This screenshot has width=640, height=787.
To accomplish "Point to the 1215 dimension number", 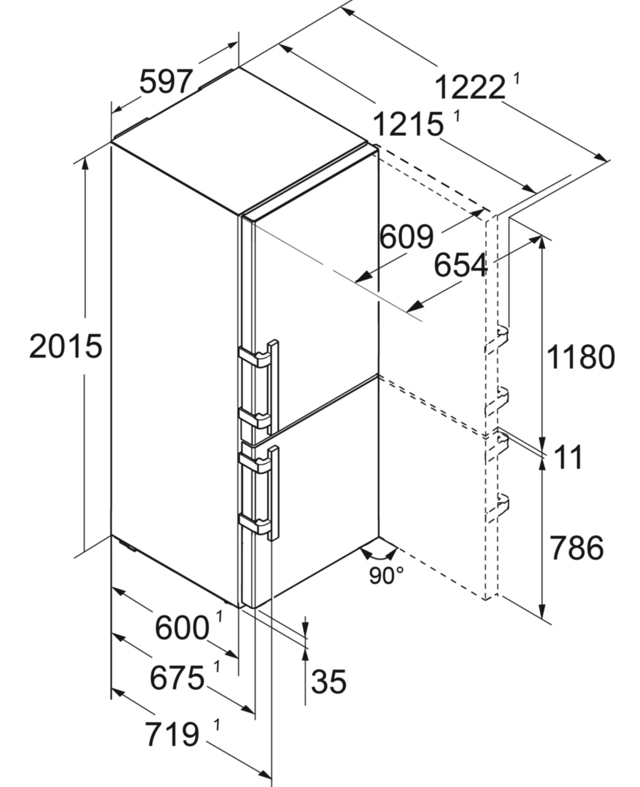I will pyautogui.click(x=408, y=124).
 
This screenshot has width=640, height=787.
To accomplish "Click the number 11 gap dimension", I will pyautogui.click(x=568, y=458).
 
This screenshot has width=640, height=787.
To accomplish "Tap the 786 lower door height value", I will pyautogui.click(x=577, y=548).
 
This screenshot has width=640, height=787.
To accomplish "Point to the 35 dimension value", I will pyautogui.click(x=329, y=681).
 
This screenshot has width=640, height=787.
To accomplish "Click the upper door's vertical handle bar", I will pyautogui.click(x=274, y=387).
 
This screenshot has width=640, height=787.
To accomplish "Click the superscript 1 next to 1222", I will pyautogui.click(x=517, y=79).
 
